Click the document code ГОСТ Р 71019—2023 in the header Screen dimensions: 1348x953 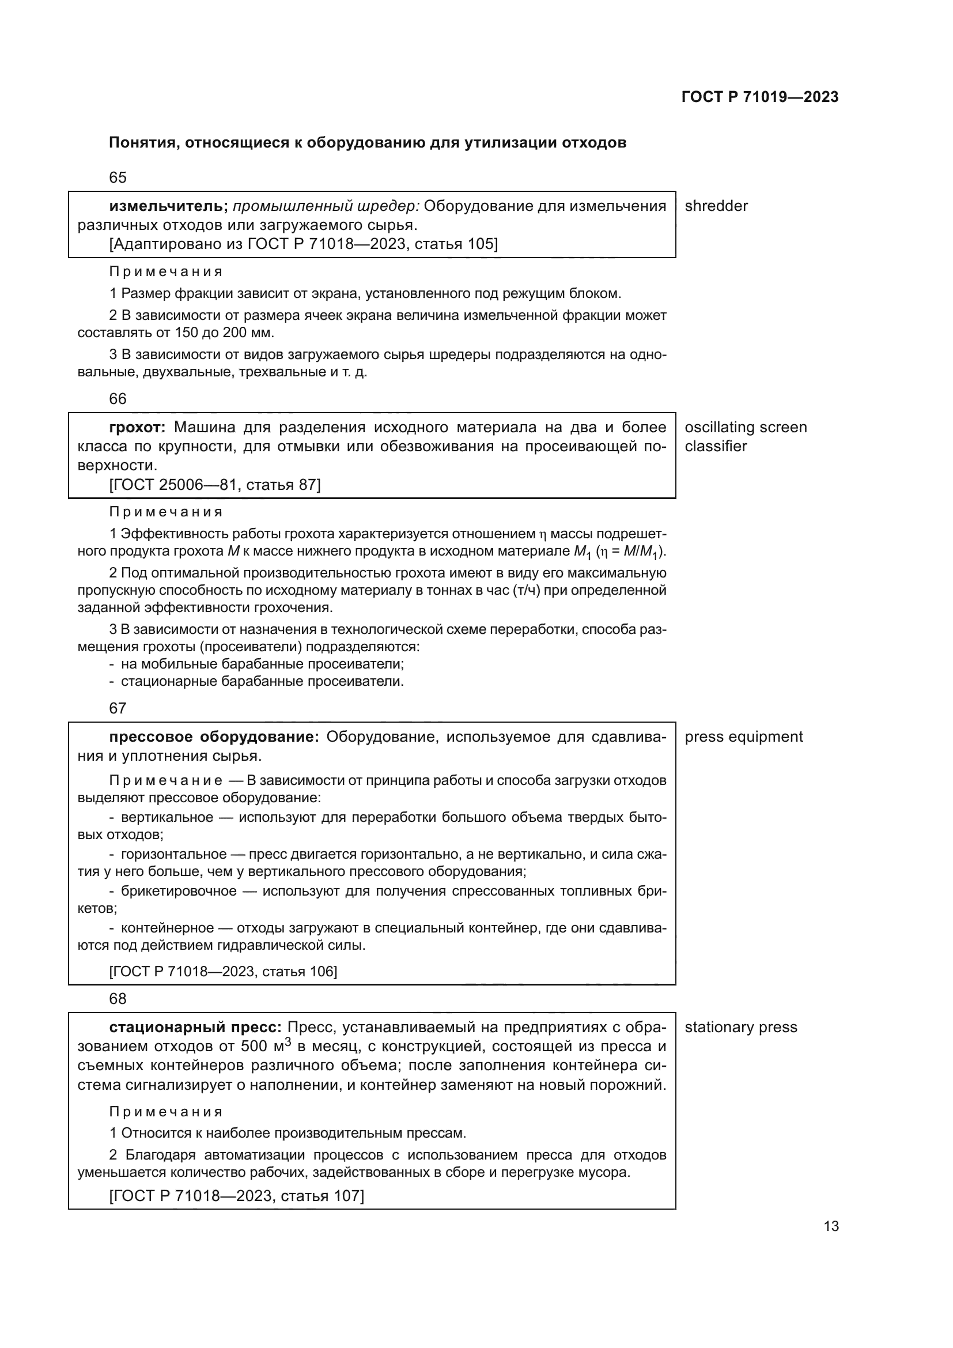click(x=760, y=97)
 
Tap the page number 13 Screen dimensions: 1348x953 click(x=831, y=1226)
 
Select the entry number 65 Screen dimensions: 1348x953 click(x=118, y=178)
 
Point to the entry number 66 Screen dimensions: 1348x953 click(x=118, y=399)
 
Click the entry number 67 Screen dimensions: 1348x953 click(x=118, y=708)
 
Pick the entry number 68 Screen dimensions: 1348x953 click(x=118, y=999)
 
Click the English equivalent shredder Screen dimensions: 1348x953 click(x=716, y=206)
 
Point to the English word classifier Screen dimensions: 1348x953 click(x=716, y=446)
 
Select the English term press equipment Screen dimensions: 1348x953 click(x=743, y=737)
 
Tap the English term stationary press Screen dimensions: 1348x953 click(x=740, y=1028)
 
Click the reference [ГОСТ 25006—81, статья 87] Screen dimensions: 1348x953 click(x=215, y=485)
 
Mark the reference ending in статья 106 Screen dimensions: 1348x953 click(x=223, y=972)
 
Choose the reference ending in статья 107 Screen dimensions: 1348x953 click(x=236, y=1196)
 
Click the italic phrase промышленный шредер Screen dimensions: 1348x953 click(x=326, y=206)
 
